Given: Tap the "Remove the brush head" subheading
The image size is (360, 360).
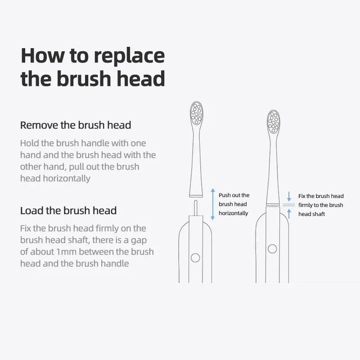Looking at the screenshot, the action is pos(76,126).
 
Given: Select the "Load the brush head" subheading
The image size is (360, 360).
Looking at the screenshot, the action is pos(68,211).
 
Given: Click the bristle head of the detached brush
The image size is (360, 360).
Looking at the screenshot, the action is pos(197,113).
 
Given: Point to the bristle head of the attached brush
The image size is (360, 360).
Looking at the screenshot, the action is pos(274,122).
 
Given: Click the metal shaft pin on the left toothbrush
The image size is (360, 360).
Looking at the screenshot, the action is pos(196,208).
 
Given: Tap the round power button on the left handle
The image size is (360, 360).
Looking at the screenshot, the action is pos(195,258).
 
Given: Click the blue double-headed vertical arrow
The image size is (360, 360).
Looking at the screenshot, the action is pos(213,204).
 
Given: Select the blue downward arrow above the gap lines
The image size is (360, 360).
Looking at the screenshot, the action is pos(289,197).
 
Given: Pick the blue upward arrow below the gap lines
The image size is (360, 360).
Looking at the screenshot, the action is pos(289,214).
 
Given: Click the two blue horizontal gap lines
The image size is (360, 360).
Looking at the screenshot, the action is pos(288,205).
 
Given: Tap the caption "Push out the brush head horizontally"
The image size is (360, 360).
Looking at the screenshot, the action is pos(234,204).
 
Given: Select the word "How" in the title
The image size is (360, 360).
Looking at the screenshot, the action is pos(43,55).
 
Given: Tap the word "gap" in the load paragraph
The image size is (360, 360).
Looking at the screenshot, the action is pos(139,241).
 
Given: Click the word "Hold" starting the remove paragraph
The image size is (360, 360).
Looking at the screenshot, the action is pos(30,143).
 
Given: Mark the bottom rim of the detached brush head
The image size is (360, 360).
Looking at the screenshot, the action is pos(196,196).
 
